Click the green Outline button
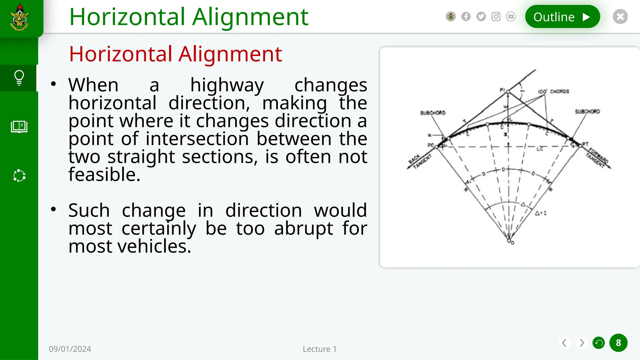562,17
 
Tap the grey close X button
620,17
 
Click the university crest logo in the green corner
20,17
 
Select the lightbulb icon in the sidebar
19,78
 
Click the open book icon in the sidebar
19,127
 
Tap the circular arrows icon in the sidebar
19,176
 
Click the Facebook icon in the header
466,17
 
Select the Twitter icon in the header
481,17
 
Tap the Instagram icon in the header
496,17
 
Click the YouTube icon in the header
511,17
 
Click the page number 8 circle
618,343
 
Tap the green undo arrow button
599,343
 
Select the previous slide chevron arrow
564,343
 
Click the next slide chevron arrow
582,343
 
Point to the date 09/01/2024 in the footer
70,349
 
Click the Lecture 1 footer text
320,349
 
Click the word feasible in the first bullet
104,174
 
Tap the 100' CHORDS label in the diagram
553,92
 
